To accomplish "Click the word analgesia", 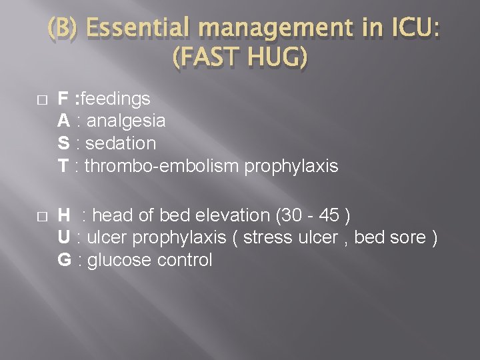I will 125,121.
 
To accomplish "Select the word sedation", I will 120,143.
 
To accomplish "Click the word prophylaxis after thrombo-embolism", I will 291,165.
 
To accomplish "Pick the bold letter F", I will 63,99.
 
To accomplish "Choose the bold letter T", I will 63,165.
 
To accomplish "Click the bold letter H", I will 65,215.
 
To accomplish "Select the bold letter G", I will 65,260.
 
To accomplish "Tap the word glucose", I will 119,260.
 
